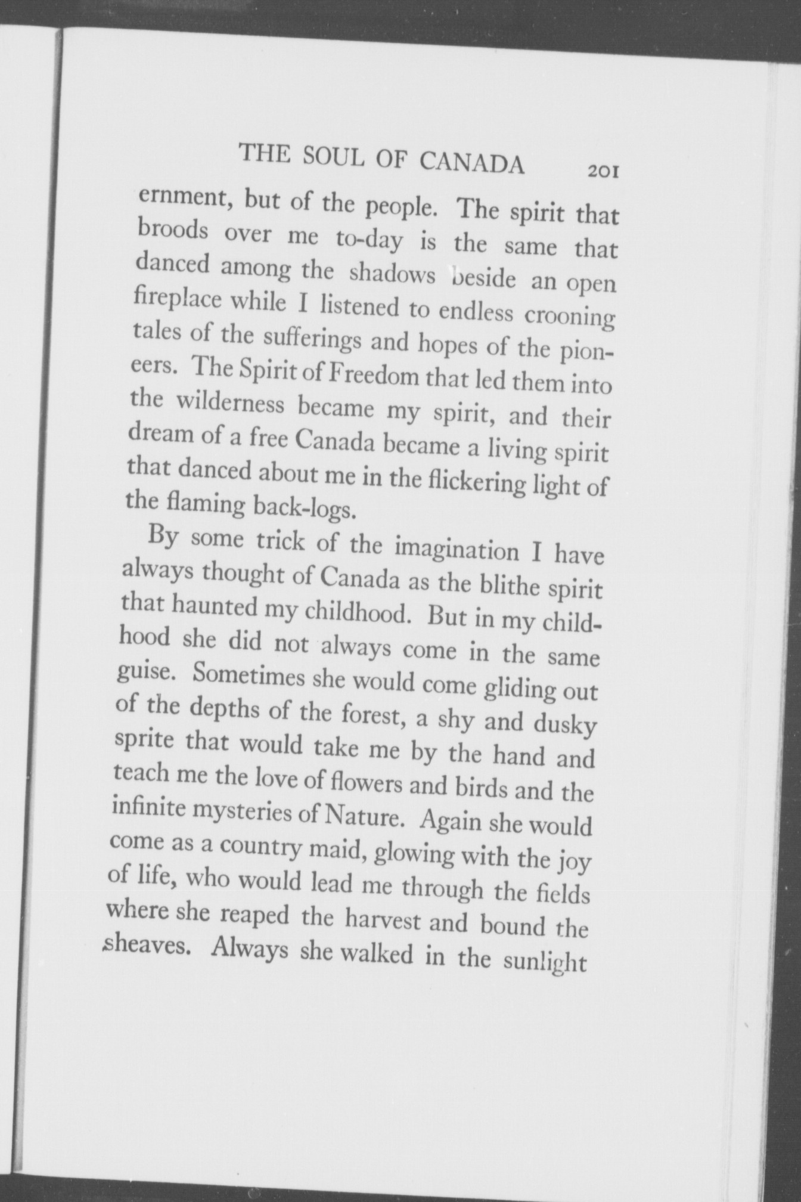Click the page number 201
coord(604,172)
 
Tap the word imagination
coord(457,549)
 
